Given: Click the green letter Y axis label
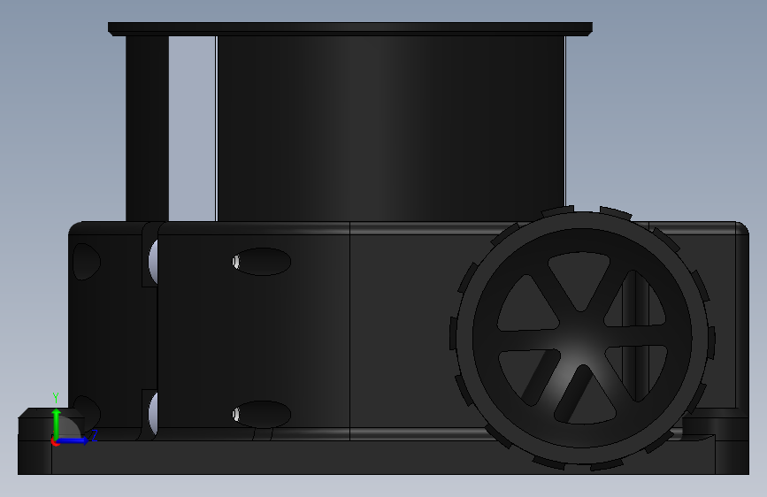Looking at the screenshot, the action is (x=56, y=397).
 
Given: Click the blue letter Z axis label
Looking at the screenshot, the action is (x=94, y=435).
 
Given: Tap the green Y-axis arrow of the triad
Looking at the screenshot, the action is (x=57, y=424).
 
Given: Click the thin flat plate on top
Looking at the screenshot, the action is (x=350, y=29).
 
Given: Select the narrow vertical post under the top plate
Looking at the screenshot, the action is (x=147, y=128).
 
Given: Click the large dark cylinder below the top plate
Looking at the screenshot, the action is (x=391, y=128).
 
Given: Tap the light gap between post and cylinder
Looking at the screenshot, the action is (x=192, y=128).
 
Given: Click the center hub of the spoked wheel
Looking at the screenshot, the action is (x=581, y=338).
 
